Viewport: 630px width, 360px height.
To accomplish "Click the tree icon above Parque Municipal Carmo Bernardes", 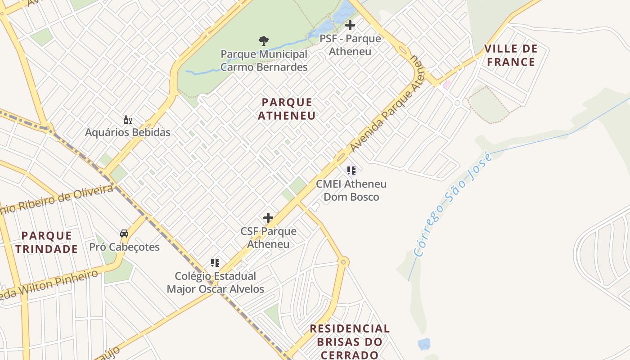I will click(264, 41).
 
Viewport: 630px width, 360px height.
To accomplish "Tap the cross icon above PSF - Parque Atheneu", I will click(350, 25).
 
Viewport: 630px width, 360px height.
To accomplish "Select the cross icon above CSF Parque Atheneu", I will click(268, 218).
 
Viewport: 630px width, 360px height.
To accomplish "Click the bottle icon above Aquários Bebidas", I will click(128, 120).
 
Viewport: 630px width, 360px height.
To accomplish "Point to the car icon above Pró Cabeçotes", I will click(124, 234).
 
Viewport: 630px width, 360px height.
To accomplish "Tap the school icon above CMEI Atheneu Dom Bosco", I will click(351, 171).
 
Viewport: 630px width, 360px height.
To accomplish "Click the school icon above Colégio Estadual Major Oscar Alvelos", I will click(215, 263).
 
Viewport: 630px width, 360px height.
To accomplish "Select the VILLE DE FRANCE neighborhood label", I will click(511, 55).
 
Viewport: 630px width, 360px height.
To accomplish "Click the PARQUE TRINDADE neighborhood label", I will click(46, 242).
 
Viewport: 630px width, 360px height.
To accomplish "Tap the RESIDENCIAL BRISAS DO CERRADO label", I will click(350, 342).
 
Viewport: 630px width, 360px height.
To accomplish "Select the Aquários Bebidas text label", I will click(128, 132).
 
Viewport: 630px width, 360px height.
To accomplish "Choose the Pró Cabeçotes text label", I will click(124, 247).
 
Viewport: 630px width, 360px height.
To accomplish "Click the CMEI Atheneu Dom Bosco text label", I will click(351, 190).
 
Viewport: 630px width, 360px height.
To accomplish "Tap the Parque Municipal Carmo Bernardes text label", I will click(264, 61).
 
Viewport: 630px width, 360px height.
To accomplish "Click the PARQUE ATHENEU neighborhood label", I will click(287, 109).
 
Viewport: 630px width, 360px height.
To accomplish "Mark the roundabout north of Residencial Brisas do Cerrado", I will click(343, 261).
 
